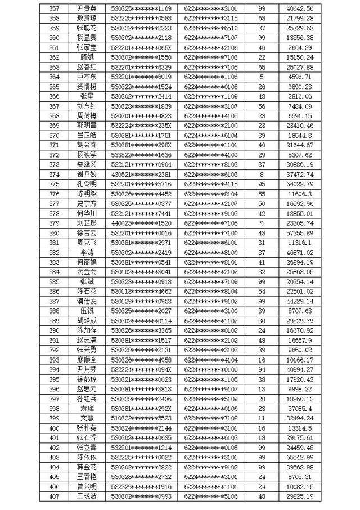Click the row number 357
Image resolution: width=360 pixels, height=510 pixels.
click(x=55, y=9)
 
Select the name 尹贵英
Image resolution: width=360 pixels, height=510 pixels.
click(x=87, y=9)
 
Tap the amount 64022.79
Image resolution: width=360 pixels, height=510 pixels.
click(x=300, y=184)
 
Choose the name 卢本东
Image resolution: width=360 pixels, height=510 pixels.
click(x=87, y=77)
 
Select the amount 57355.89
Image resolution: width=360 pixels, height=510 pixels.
click(x=300, y=232)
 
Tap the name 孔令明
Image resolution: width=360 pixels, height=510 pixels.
click(x=87, y=184)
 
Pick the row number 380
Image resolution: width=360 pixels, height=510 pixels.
click(x=55, y=232)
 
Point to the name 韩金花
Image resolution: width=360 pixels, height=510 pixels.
click(x=87, y=467)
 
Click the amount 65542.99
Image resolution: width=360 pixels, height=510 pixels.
click(x=300, y=457)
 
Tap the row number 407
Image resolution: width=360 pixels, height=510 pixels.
click(x=55, y=496)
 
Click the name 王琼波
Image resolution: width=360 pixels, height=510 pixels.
click(x=87, y=496)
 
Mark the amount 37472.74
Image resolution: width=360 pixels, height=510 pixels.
click(x=300, y=175)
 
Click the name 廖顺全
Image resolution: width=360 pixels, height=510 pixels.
click(x=87, y=359)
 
